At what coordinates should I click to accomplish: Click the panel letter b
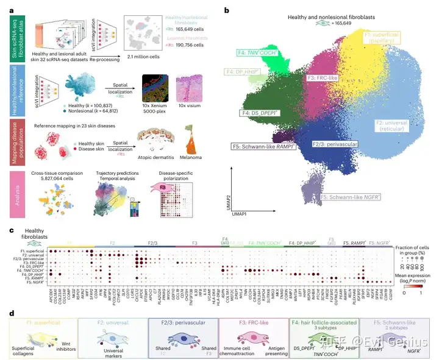click(x=227, y=10)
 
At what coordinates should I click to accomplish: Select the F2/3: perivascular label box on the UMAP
click(x=332, y=144)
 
